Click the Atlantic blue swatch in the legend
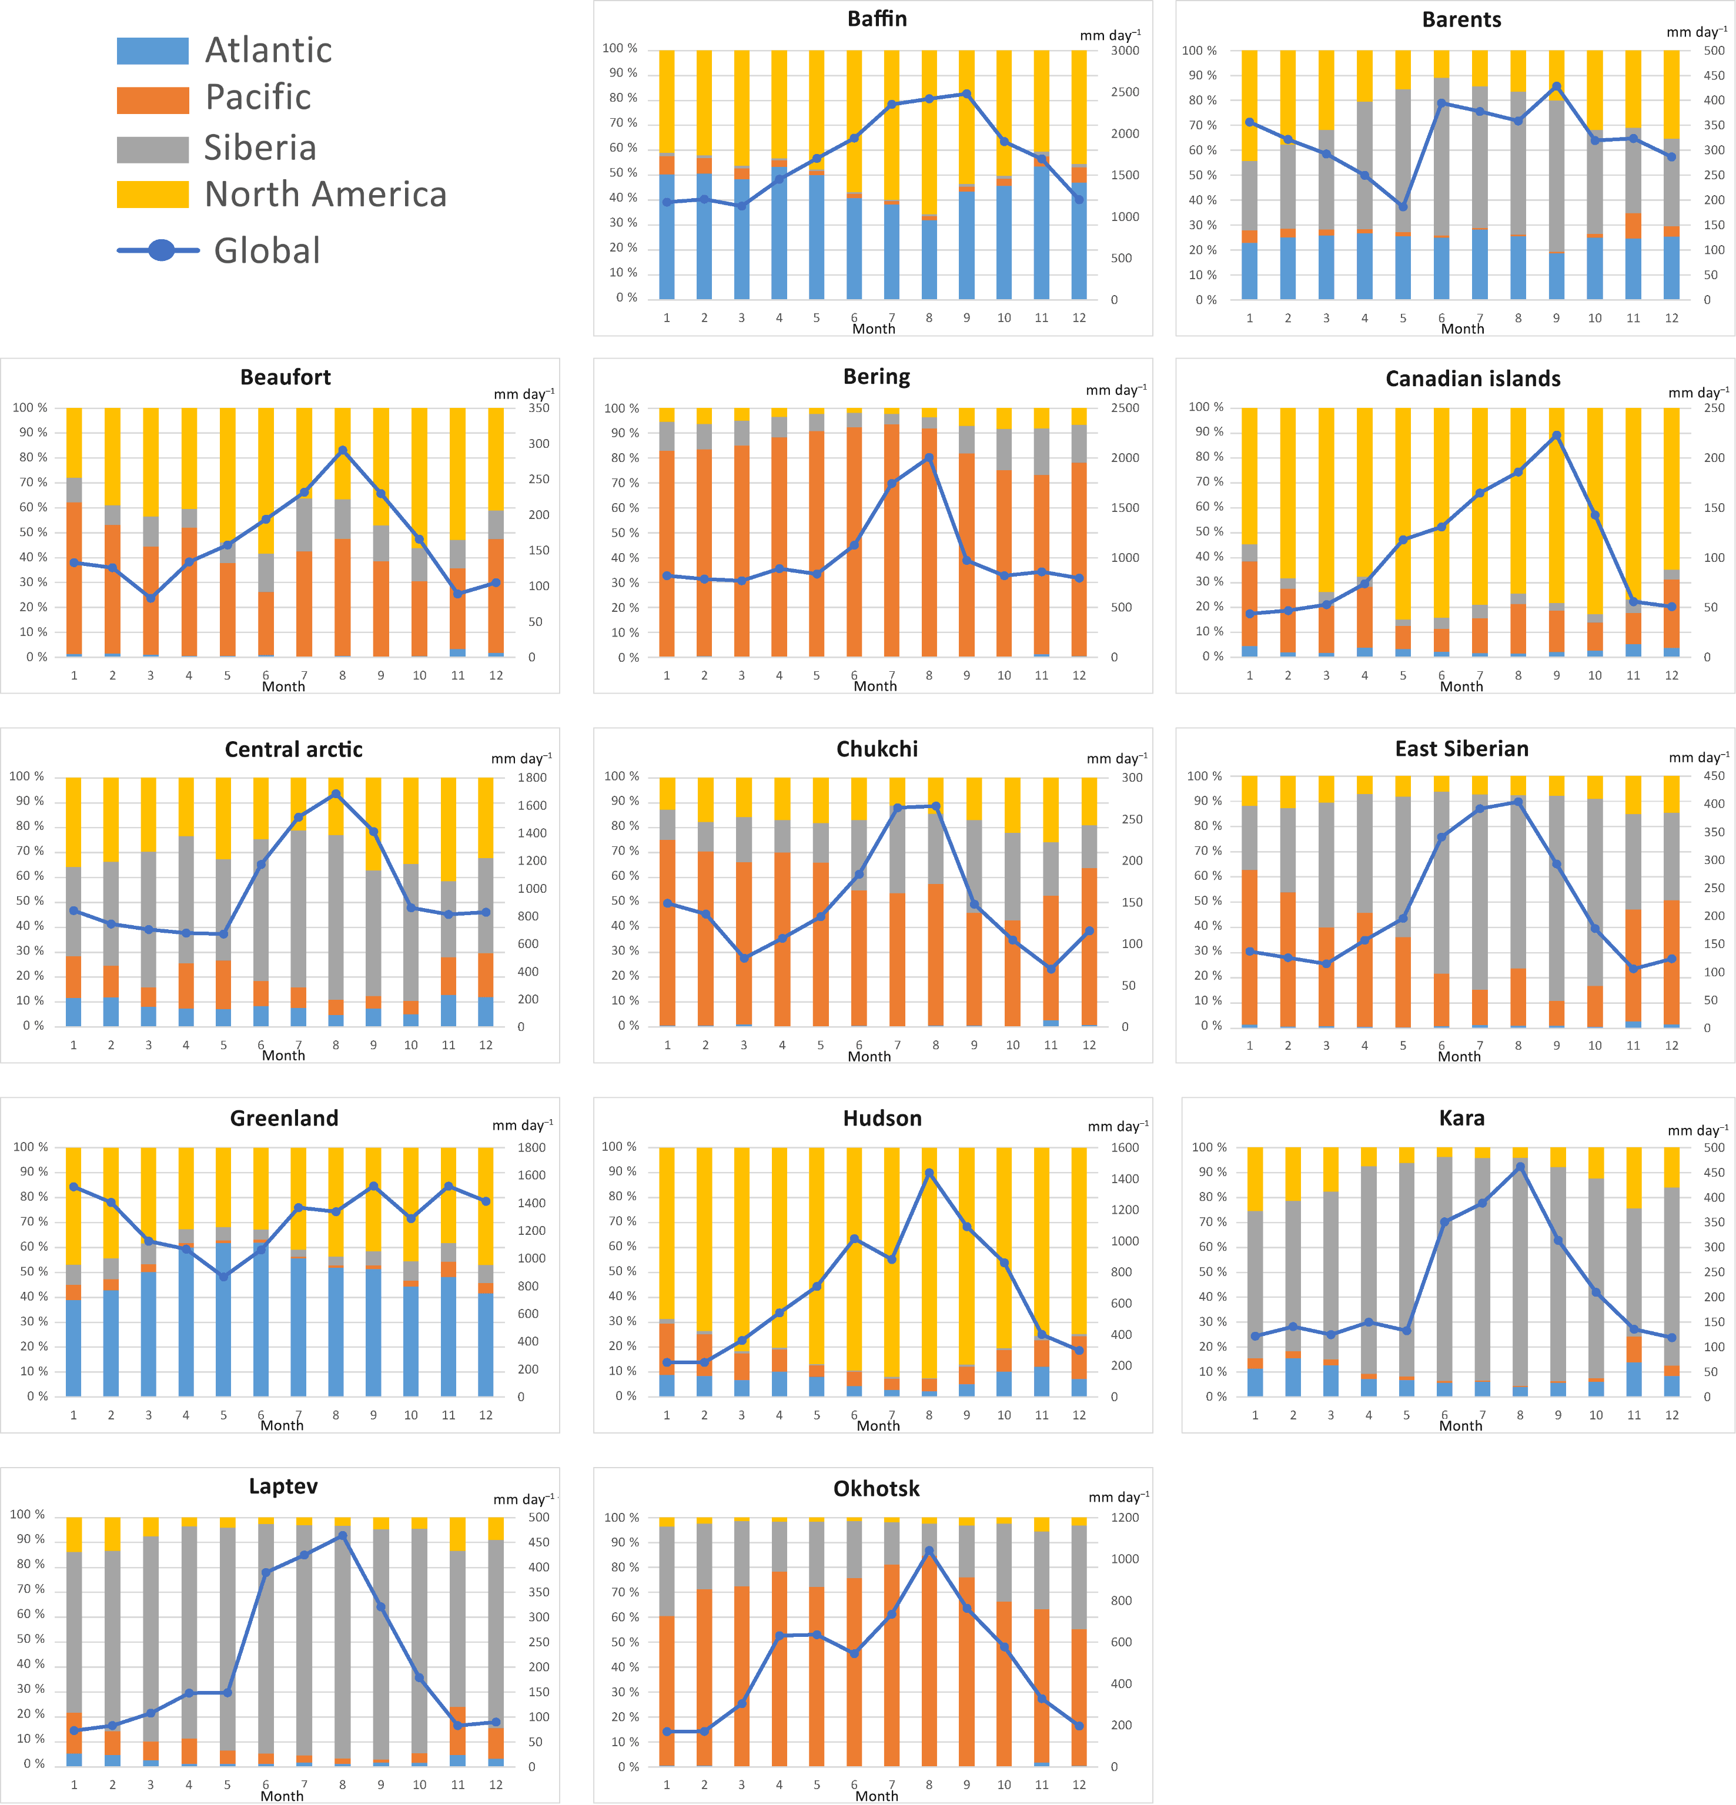point(153,51)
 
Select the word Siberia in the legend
point(260,148)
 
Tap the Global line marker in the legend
point(161,250)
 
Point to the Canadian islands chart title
point(1473,379)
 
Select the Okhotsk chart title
point(876,1489)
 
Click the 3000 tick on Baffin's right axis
point(1125,51)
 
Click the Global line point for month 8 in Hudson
point(929,1173)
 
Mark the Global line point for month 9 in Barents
point(1557,86)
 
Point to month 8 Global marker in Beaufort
point(343,450)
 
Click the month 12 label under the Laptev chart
point(496,1785)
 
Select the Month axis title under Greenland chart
point(282,1425)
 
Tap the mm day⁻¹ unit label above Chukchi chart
point(1116,758)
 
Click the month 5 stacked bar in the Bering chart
point(816,533)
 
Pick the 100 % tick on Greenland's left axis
point(31,1147)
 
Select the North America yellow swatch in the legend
point(153,195)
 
